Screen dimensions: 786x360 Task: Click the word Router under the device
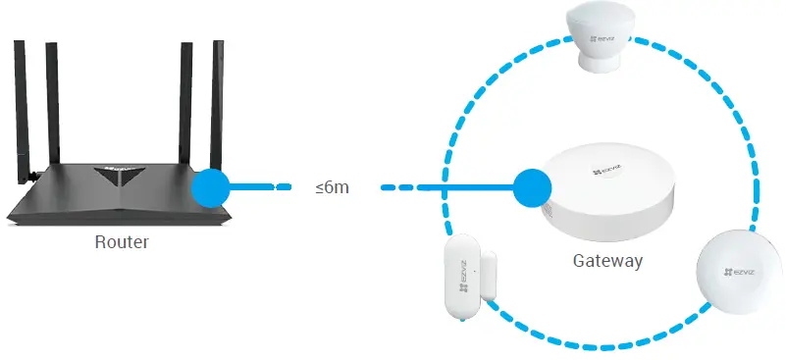click(122, 241)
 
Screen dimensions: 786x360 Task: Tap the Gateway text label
click(607, 261)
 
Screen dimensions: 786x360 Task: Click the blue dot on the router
click(211, 186)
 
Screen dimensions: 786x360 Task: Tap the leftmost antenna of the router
click(23, 108)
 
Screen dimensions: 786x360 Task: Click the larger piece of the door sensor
click(459, 279)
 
